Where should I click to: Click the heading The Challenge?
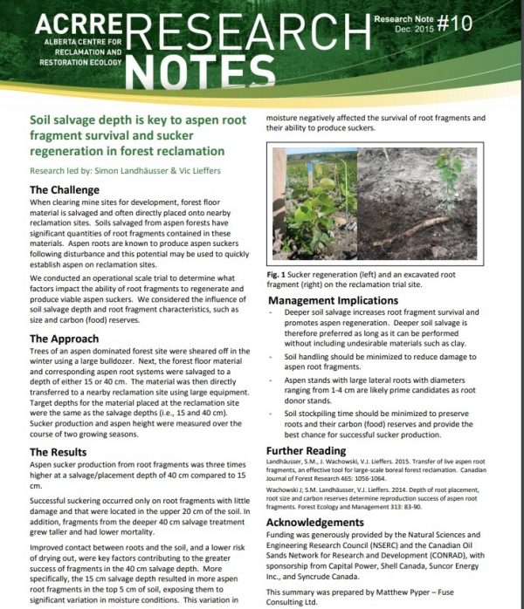tap(65, 188)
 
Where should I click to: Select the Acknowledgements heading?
tap(320, 522)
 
